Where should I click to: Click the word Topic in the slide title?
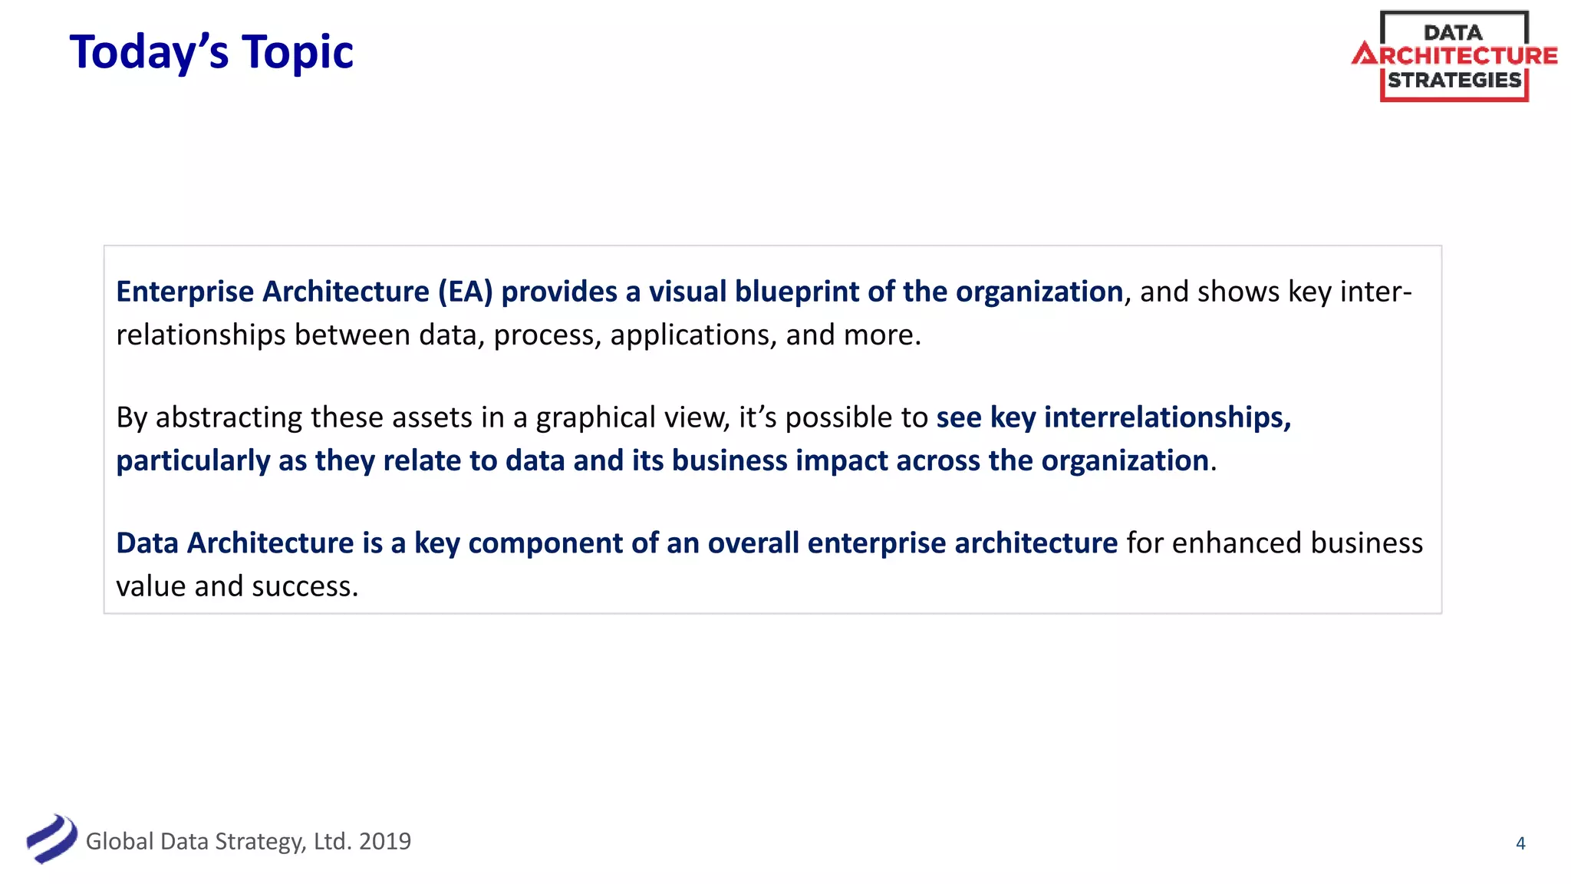298,52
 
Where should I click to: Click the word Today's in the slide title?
149,52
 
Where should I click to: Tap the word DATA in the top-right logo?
1453,32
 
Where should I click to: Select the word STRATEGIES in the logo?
1454,80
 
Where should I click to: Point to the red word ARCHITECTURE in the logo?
1455,55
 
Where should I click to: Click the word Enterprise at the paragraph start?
185,292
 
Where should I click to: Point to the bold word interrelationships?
1167,417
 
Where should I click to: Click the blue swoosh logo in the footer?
51,839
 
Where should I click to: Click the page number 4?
1520,843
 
